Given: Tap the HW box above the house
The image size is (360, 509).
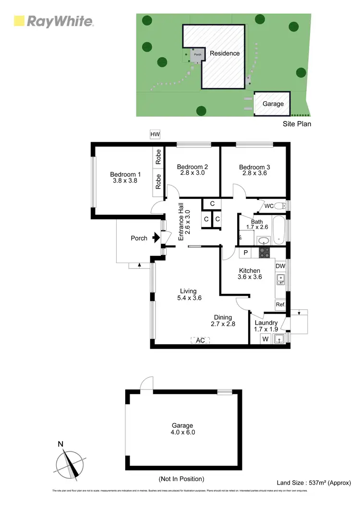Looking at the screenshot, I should pos(155,134).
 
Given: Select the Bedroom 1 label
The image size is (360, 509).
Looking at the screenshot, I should pos(125,174).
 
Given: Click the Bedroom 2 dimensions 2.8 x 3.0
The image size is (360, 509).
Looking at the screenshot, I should pos(192,173).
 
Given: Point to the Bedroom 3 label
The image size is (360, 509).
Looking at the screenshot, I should pos(254,167).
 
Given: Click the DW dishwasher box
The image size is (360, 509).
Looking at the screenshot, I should pos(280,266).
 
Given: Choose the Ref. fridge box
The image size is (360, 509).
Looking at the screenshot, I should pos(280,304).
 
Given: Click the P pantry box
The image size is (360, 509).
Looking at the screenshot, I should pos(245,252).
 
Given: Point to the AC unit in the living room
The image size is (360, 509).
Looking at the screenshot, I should pos(201,340).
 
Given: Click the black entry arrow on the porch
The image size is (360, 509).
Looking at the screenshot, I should pos(156,238).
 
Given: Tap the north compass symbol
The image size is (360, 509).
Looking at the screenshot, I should pos(71,464).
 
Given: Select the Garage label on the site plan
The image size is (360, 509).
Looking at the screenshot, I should pos(273,104).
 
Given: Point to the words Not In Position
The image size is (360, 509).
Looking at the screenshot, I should pos(181,479).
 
